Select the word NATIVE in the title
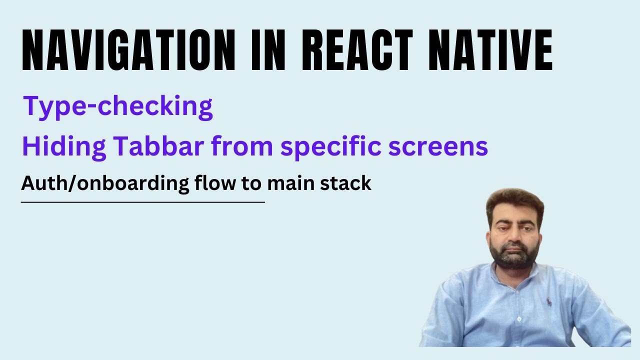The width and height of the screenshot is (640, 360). [490, 50]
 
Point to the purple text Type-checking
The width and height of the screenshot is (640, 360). [118, 106]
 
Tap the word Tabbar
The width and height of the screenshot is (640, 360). [158, 146]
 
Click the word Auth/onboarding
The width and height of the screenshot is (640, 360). [104, 183]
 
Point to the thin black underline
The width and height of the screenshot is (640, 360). [142, 202]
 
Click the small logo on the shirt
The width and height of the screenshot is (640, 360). [548, 301]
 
